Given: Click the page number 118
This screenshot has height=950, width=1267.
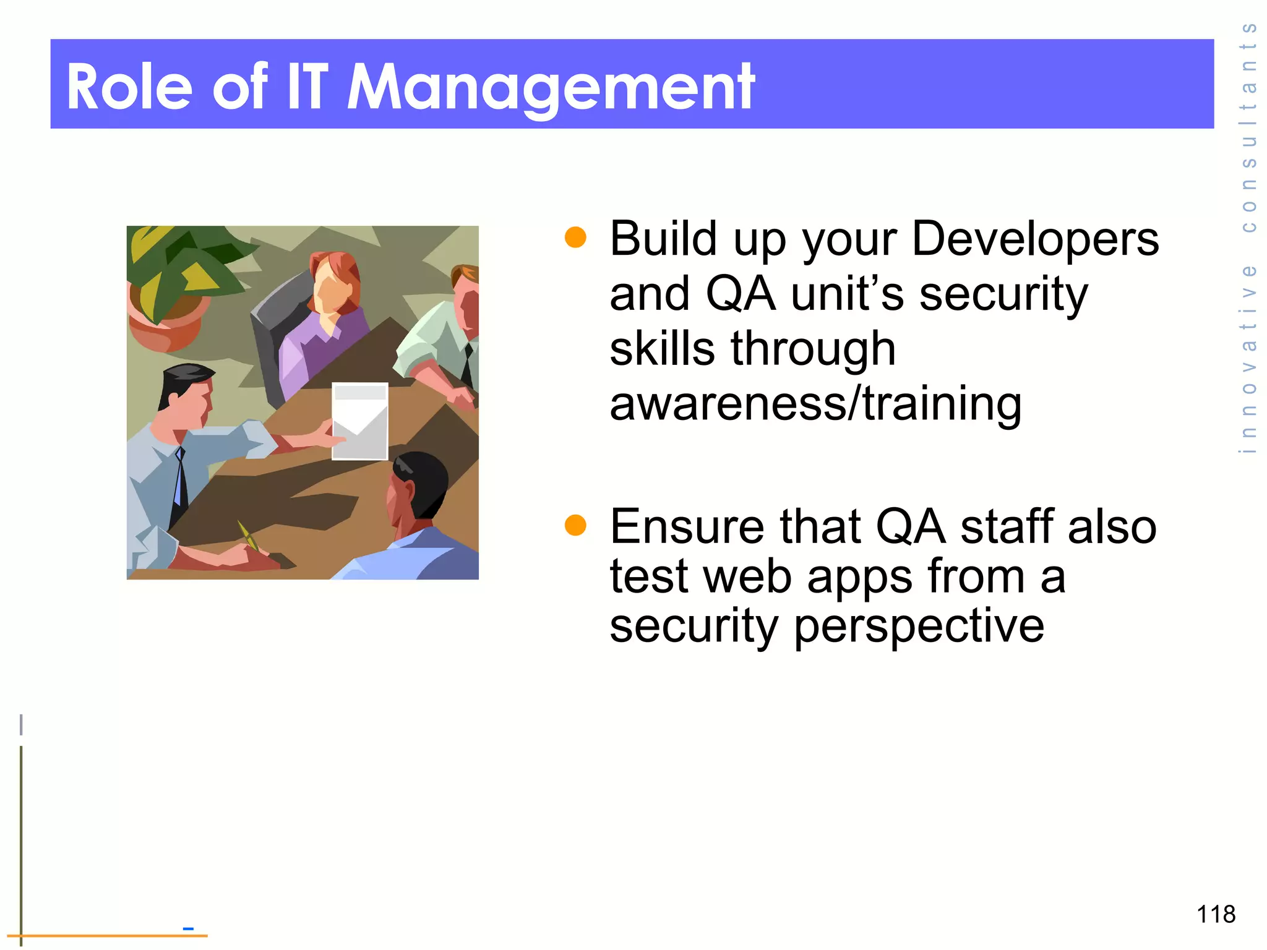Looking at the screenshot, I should tap(1216, 914).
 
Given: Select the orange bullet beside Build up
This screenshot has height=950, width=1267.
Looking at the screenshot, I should tap(575, 237).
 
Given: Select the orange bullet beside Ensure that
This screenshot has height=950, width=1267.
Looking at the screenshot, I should tap(575, 526).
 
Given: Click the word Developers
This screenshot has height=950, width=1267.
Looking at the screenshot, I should tap(1035, 239).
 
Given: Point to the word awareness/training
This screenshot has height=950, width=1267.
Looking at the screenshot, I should tap(815, 403).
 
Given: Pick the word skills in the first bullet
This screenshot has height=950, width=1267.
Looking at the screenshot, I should tap(662, 348).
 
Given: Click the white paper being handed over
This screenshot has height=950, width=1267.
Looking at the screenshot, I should tap(360, 421).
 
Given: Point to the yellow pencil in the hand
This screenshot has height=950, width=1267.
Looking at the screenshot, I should tap(247, 535).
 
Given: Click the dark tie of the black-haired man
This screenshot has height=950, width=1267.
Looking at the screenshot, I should tap(179, 482).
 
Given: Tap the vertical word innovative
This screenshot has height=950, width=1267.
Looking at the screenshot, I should tap(1248, 359).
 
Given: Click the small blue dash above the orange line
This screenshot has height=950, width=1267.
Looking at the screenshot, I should tap(188, 928).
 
